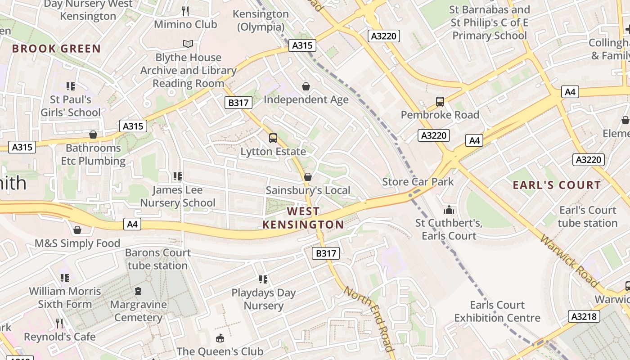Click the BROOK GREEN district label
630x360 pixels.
56,49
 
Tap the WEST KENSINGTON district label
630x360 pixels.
303,218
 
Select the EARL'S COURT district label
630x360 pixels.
557,185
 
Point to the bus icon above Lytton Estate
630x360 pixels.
273,138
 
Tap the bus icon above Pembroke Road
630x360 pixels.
440,102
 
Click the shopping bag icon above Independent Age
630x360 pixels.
306,86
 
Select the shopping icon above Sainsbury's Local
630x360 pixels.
308,177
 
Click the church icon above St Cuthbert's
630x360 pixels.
449,210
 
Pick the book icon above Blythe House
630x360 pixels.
188,44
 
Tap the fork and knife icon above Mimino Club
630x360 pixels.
185,11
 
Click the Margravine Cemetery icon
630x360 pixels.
138,291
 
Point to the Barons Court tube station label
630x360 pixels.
157,259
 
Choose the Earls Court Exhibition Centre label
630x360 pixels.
497,311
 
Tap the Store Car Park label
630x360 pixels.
418,182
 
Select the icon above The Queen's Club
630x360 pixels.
220,338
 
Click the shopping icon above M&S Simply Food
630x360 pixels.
77,230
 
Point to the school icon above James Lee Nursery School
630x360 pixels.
177,176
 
